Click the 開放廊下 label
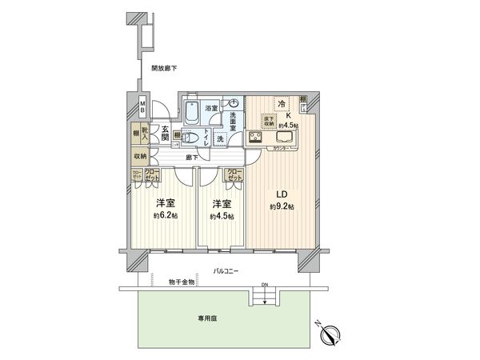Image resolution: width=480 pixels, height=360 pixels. pyautogui.click(x=164, y=69)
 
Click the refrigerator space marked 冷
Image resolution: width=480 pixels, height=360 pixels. pyautogui.click(x=282, y=104)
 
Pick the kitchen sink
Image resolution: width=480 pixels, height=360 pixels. pyautogui.click(x=286, y=138)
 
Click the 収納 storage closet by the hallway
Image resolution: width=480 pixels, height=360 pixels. pyautogui.click(x=141, y=156)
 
